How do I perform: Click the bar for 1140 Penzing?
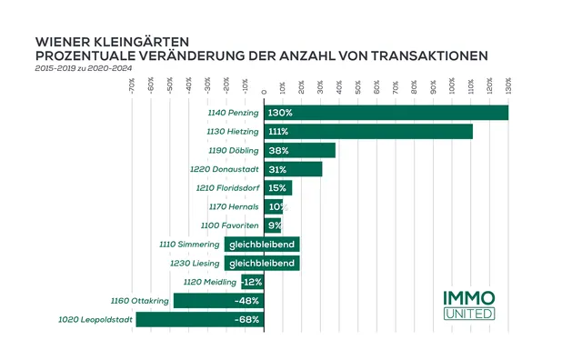(386, 113)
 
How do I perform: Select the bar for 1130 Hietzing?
(368, 132)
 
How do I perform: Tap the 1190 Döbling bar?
(299, 150)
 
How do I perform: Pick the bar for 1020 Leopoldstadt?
(199, 319)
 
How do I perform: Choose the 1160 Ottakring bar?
(218, 300)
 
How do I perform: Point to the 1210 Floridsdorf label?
(226, 188)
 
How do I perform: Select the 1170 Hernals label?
(234, 206)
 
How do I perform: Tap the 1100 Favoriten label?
(231, 225)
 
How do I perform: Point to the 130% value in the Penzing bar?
(280, 113)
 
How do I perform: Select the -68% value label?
(247, 319)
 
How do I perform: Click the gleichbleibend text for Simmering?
(263, 245)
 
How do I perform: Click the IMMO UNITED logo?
(470, 305)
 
